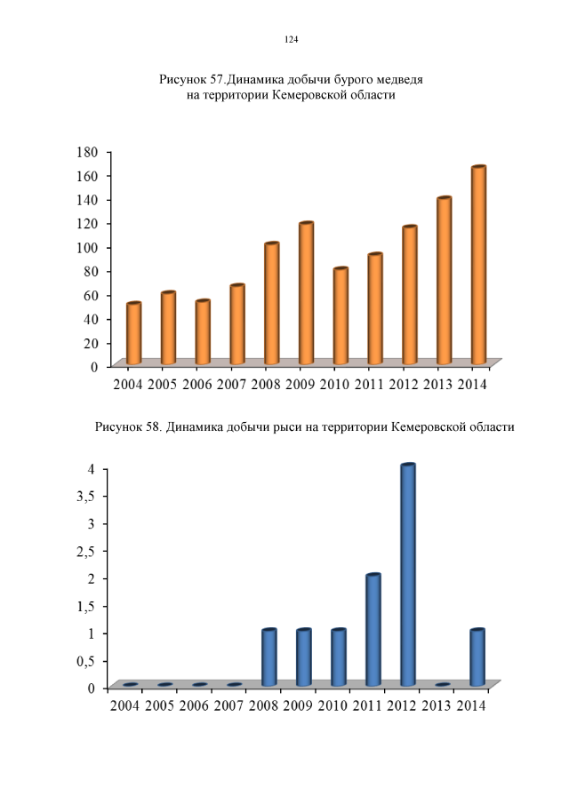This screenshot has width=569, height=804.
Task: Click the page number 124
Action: pyautogui.click(x=291, y=40)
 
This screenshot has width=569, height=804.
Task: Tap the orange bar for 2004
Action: pyautogui.click(x=133, y=333)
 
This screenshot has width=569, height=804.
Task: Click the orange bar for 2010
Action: pyautogui.click(x=341, y=315)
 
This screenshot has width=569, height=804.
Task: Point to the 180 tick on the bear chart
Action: pyautogui.click(x=85, y=152)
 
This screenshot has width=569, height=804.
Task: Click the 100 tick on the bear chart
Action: pyautogui.click(x=85, y=247)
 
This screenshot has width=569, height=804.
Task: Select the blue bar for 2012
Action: pyautogui.click(x=408, y=575)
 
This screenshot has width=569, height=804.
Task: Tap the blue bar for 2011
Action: pyautogui.click(x=373, y=630)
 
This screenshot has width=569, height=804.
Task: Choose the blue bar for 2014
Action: pyautogui.click(x=477, y=657)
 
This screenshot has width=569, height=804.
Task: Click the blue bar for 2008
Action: pyautogui.click(x=269, y=657)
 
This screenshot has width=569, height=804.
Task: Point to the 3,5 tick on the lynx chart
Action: pyautogui.click(x=85, y=496)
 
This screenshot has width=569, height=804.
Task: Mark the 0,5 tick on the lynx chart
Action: pyautogui.click(x=85, y=661)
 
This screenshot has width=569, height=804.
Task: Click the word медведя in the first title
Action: pyautogui.click(x=394, y=79)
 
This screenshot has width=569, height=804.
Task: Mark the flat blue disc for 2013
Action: pyautogui.click(x=443, y=685)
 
